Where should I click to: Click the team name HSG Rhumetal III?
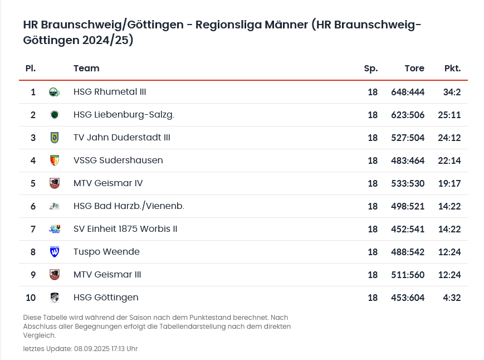(x=110, y=92)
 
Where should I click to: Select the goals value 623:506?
(x=407, y=115)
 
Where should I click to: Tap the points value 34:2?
(x=452, y=92)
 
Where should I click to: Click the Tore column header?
(x=414, y=69)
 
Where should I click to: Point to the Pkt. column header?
(x=452, y=69)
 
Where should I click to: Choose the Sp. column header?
(x=370, y=69)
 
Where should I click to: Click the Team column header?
(x=86, y=69)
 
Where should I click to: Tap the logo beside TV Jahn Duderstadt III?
(x=55, y=138)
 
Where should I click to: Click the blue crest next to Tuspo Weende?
(x=55, y=252)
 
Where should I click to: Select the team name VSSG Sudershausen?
(x=118, y=160)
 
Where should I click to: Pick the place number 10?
(x=31, y=298)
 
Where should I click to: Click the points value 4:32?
(x=452, y=298)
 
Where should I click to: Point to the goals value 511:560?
(x=407, y=275)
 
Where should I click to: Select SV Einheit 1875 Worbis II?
(x=125, y=229)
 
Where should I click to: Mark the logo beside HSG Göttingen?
(x=55, y=298)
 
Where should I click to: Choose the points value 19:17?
(x=449, y=183)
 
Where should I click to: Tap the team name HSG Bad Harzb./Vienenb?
(x=129, y=206)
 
